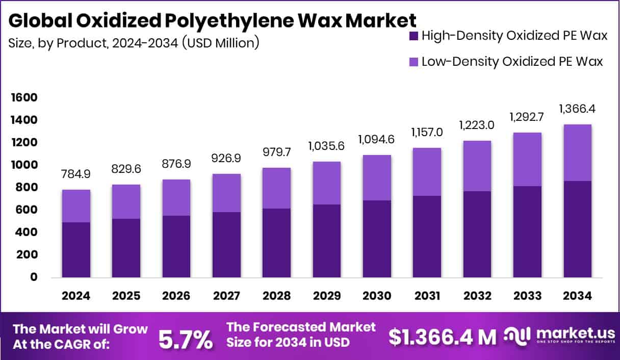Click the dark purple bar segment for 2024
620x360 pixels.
76,250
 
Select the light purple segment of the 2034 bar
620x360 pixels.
577,153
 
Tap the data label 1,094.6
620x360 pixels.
377,139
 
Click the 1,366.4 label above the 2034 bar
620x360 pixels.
577,109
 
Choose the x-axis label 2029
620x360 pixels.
326,296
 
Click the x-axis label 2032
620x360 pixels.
477,296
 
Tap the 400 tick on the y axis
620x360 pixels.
24,232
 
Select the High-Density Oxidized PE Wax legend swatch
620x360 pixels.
414,36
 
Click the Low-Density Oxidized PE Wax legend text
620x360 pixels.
512,62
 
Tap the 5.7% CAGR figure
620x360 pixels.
185,339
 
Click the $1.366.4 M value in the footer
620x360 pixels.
442,337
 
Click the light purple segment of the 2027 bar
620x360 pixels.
226,193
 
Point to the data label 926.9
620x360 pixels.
226,158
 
